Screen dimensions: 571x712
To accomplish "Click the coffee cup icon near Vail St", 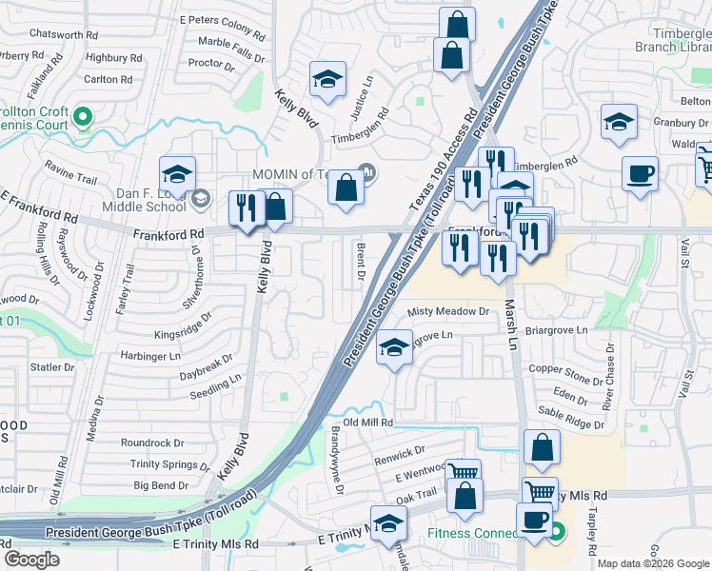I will pyautogui.click(x=640, y=174).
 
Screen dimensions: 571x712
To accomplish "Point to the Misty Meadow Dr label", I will pyautogui.click(x=447, y=312).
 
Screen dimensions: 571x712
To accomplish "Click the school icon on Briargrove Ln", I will pyautogui.click(x=394, y=347).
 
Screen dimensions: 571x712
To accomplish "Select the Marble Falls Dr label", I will pyautogui.click(x=231, y=48).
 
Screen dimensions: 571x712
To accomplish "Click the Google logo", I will pyautogui.click(x=31, y=559).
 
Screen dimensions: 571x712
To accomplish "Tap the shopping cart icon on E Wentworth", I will pyautogui.click(x=464, y=472).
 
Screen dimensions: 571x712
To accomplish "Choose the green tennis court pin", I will pyautogui.click(x=82, y=118).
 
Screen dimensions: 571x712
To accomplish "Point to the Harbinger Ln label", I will pyautogui.click(x=149, y=356).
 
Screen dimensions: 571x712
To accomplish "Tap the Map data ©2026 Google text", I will pyautogui.click(x=652, y=563).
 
